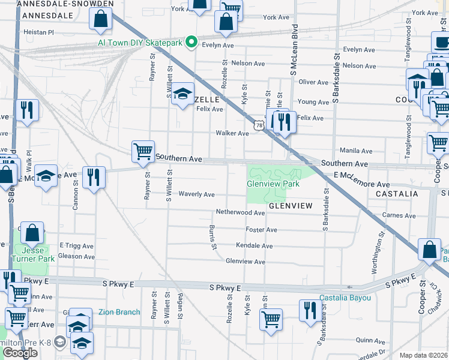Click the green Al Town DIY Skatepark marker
click(x=191, y=42)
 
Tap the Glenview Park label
click(x=273, y=184)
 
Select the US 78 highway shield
click(x=259, y=124)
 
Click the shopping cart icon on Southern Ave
click(x=143, y=152)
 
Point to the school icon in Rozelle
click(x=182, y=95)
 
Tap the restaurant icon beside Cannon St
click(x=94, y=178)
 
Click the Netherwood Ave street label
click(x=240, y=213)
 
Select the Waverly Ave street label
click(x=196, y=194)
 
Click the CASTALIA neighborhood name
click(x=396, y=194)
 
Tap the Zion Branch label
click(x=119, y=312)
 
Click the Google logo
click(x=20, y=353)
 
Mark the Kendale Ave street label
click(x=254, y=246)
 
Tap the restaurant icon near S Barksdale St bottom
click(x=309, y=312)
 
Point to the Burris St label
click(x=212, y=238)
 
